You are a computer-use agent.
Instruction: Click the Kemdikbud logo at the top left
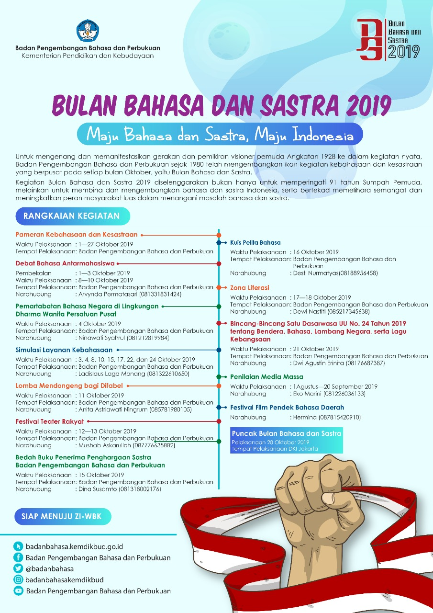click(88, 31)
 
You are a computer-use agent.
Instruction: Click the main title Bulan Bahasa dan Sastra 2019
click(222, 104)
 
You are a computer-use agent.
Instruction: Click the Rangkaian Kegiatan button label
click(72, 216)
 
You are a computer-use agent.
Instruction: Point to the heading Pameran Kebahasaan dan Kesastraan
click(77, 235)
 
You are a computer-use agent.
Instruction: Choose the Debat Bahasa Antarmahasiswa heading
click(65, 263)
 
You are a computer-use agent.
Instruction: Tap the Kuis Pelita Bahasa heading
click(255, 242)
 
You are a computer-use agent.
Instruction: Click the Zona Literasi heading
click(250, 288)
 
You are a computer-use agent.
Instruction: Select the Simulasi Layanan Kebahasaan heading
click(64, 350)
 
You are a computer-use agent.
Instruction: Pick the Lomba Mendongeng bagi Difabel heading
click(69, 386)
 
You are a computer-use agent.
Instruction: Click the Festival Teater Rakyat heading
click(50, 421)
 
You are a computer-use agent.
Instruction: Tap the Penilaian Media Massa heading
click(266, 377)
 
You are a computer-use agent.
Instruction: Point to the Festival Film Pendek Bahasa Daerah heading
click(287, 408)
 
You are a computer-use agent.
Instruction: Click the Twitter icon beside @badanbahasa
click(19, 568)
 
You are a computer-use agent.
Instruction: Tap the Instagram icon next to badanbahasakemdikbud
click(19, 580)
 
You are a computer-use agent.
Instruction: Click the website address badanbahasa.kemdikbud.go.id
click(74, 546)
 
